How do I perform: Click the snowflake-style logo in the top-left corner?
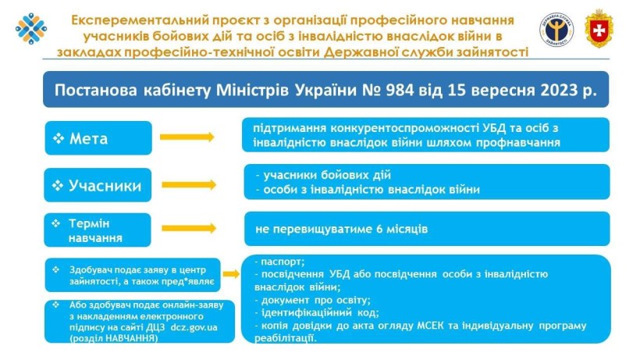31,29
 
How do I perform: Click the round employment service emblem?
556,30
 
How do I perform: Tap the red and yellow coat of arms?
599,29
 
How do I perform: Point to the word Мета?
88,139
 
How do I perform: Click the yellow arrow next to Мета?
187,137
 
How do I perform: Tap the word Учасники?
105,186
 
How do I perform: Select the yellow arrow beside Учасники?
189,185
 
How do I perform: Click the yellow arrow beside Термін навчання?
189,228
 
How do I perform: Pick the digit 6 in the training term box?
379,229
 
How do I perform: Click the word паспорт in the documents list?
283,262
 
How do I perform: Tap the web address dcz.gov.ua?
194,327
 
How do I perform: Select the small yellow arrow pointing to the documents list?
231,274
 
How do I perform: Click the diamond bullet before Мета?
59,138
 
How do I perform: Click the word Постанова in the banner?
95,91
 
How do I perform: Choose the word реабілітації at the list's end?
286,338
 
